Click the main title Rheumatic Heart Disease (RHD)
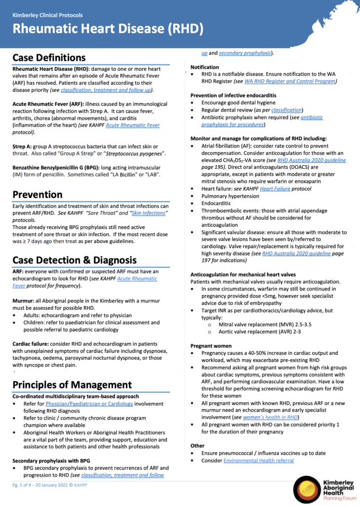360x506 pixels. point(108,28)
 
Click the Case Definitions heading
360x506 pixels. point(49,58)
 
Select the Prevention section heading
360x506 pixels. point(38,194)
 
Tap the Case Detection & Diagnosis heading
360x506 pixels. point(74,260)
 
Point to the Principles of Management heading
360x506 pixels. point(72,384)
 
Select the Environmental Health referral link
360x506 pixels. point(259,461)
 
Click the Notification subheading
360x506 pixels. point(205,67)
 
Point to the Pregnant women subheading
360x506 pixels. point(211,346)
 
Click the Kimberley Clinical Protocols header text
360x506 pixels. point(47,15)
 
